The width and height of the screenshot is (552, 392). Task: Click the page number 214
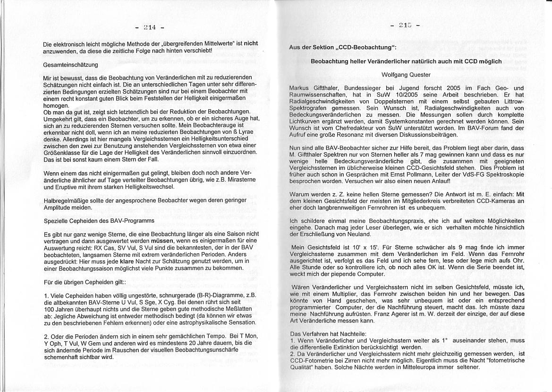click(x=149, y=27)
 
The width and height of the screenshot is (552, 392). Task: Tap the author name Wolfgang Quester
click(x=406, y=75)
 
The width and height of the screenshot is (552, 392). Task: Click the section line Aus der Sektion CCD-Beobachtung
click(x=343, y=48)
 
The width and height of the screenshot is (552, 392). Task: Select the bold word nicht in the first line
click(x=251, y=44)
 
